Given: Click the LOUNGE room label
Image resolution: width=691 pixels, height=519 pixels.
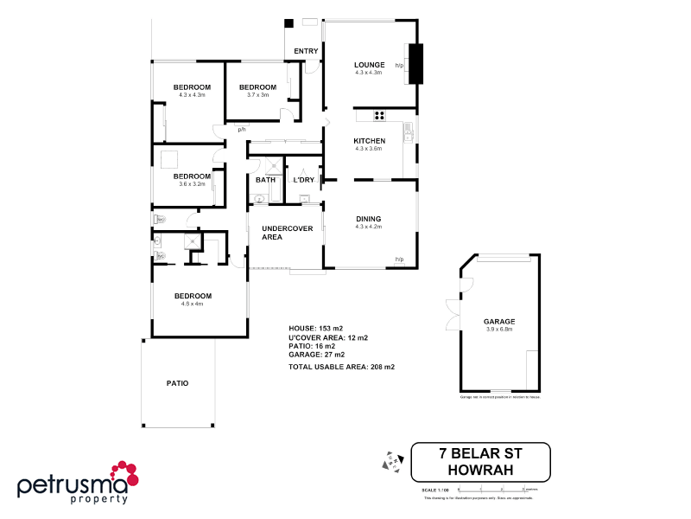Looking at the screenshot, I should point(369,65).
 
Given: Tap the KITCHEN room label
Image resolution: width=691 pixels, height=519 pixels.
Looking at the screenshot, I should point(369,140).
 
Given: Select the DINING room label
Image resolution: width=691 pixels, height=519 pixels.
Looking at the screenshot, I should point(368,219).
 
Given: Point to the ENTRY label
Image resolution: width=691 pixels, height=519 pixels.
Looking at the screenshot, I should point(306,51).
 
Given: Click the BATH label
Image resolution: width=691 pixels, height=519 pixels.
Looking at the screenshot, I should point(265,180).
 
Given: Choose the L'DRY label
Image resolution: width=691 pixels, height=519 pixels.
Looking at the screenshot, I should point(303,180).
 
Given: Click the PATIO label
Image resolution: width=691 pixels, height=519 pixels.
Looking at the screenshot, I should point(177,383).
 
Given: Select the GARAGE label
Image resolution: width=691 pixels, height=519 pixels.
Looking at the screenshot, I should point(499,322).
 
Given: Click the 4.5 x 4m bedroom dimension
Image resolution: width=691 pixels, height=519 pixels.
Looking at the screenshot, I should point(191,304).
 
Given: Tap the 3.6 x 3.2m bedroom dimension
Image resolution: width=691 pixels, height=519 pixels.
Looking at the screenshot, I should point(191,183).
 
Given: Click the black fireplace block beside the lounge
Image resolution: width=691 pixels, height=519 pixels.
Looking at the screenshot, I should point(416,63).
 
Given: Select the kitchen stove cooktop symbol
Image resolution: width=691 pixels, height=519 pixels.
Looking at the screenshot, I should point(378,115).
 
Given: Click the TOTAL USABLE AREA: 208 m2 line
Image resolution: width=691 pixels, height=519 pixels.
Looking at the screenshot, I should point(341,368).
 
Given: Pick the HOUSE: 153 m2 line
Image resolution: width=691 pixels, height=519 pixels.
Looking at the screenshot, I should point(315,329).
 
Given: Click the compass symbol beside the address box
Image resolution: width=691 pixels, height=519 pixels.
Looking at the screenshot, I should point(393,463).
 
